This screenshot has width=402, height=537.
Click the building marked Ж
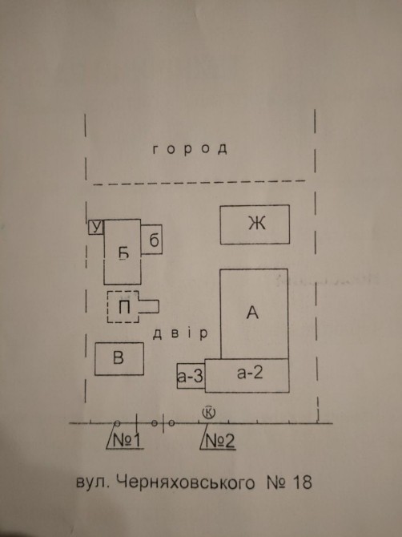point(255,224)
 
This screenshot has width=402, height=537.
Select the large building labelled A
point(254,313)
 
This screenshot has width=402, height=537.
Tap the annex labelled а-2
point(247,375)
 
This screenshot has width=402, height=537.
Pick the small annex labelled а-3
point(191,376)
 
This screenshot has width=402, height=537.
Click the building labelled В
point(119,358)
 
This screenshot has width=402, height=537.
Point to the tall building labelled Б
point(123,252)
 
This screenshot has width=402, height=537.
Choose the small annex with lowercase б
point(151,240)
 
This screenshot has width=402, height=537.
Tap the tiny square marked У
point(96,228)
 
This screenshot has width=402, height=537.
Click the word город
point(190,149)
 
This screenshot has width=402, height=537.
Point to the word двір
point(180,334)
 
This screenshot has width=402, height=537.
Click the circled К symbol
point(209,412)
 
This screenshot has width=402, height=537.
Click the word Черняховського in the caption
point(186,483)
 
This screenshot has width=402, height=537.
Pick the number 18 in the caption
point(303,482)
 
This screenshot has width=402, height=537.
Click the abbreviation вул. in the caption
point(92,482)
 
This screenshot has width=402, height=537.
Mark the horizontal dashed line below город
point(199,183)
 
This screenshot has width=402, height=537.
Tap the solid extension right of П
point(148,306)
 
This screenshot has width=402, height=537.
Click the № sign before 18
point(276,482)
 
